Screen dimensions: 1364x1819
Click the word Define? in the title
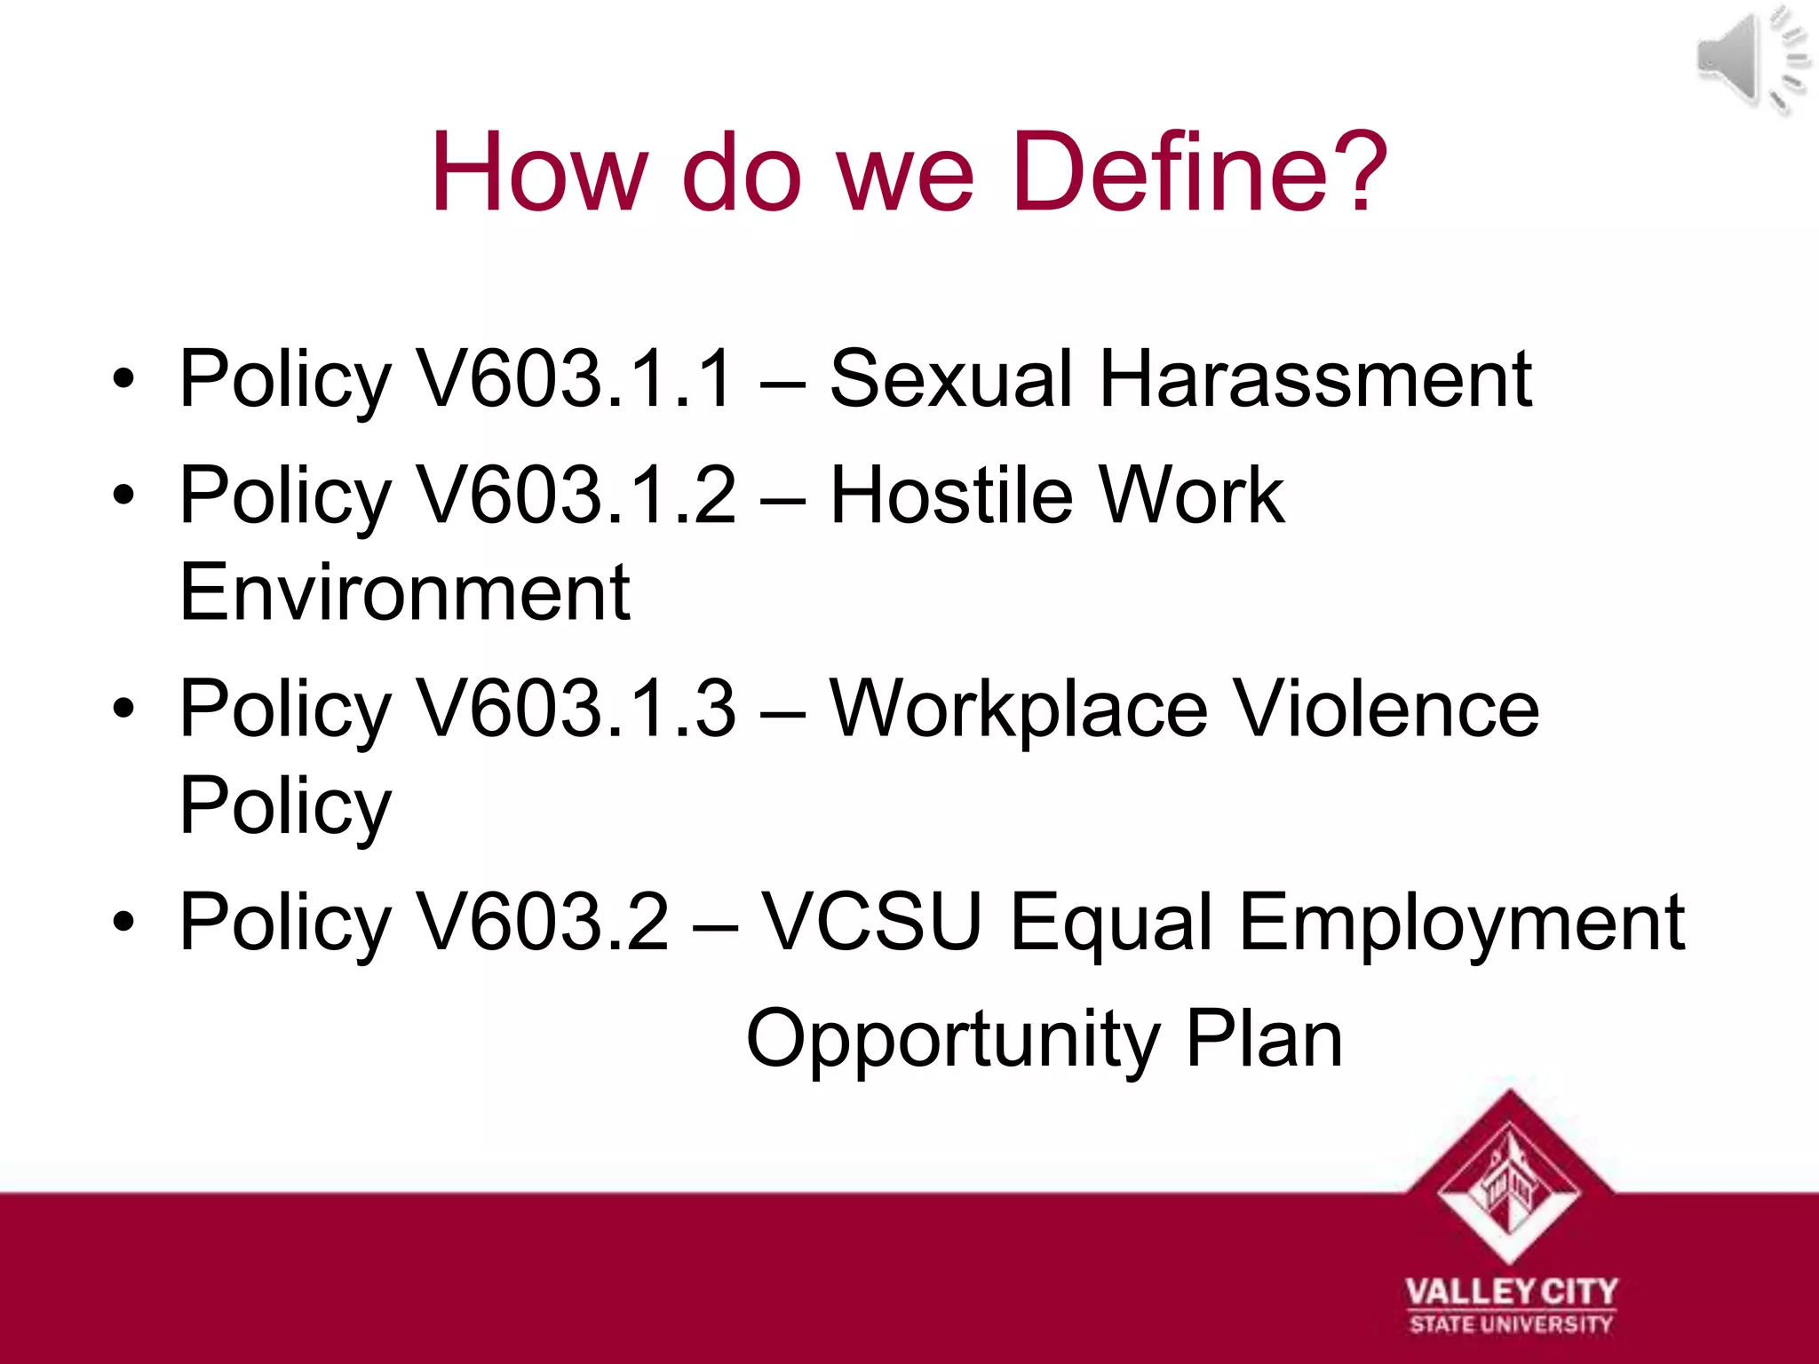1199,172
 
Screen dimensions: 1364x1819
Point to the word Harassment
1315,379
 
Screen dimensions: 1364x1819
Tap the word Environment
404,592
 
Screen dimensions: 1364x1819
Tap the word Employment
1461,923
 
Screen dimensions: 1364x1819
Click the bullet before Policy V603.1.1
123,379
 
